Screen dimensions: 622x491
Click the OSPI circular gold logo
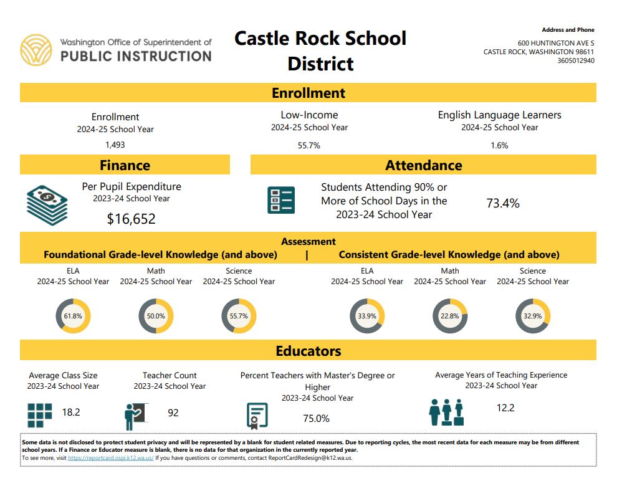click(36, 50)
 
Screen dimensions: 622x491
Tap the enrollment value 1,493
click(115, 145)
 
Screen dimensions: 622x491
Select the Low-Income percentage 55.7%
click(309, 146)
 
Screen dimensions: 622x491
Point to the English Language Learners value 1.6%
click(499, 146)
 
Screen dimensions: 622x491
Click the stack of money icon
click(47, 205)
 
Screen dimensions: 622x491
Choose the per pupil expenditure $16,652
click(131, 219)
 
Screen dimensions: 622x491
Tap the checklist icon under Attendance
click(281, 200)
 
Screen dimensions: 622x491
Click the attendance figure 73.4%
click(502, 203)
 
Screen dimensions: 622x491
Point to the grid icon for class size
click(40, 415)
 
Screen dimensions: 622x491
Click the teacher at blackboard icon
click(136, 416)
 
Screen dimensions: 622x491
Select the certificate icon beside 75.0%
click(257, 416)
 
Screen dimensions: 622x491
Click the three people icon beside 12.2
click(446, 412)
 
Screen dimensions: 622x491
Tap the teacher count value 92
click(173, 413)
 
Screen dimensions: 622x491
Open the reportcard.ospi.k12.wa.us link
click(111, 458)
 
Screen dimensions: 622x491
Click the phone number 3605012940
click(576, 60)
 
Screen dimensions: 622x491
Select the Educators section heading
click(309, 351)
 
